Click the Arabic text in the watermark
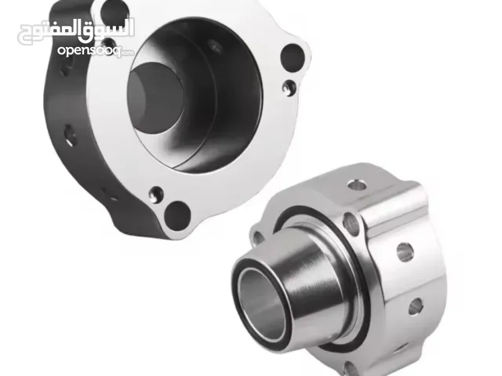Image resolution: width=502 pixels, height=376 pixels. [x=75, y=32]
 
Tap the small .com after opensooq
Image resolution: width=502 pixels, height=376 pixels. [x=127, y=52]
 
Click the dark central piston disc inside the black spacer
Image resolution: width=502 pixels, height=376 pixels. [x=155, y=97]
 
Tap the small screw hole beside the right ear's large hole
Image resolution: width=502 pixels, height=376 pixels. [x=289, y=87]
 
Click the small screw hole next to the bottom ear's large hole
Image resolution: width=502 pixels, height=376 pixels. [x=156, y=195]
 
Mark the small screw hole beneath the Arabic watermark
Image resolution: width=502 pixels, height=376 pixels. [x=109, y=44]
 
